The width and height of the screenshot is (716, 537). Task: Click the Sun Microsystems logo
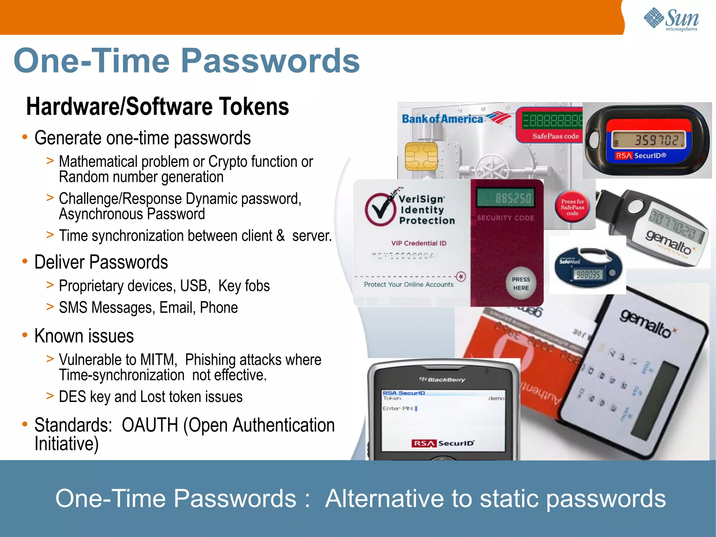(671, 19)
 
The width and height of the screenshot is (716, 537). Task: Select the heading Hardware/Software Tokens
(157, 107)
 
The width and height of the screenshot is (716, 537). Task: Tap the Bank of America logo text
(443, 119)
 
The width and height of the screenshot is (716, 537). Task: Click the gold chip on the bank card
(421, 156)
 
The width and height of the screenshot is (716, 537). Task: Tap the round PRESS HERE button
(521, 284)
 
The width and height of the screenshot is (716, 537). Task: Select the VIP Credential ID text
(418, 243)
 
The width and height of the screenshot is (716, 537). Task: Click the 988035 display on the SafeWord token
(588, 275)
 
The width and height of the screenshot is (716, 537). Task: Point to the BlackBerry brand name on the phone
(443, 380)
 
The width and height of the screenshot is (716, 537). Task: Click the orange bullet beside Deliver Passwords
(25, 261)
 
